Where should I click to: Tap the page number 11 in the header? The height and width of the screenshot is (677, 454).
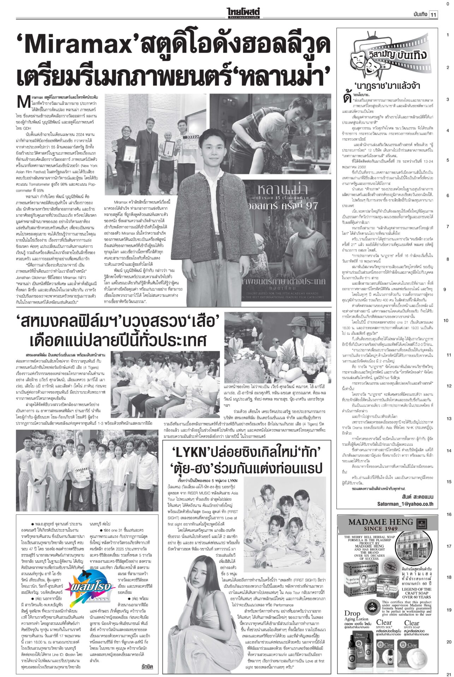point(433,14)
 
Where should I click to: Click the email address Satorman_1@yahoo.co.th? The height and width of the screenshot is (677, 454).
point(405,504)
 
